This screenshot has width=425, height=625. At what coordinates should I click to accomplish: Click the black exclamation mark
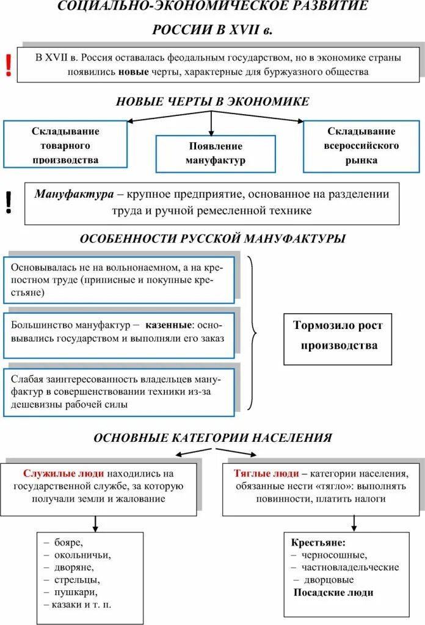9,203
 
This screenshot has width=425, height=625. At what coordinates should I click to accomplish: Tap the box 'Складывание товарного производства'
65,145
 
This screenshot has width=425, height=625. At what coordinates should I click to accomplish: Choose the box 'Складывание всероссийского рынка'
360,145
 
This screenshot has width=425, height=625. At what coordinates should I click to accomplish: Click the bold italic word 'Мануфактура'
74,194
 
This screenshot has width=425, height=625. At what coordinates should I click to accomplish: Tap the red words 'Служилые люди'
64,473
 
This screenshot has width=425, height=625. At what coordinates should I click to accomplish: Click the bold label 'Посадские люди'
333,592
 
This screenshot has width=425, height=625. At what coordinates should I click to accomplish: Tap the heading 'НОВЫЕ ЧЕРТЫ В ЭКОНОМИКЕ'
212,101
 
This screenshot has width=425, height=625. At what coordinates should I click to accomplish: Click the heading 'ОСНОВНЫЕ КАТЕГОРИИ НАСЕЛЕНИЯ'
212,438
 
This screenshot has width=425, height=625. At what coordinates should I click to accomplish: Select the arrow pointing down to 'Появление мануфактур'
211,125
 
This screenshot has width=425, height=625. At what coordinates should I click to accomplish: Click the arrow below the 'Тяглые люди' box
354,523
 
